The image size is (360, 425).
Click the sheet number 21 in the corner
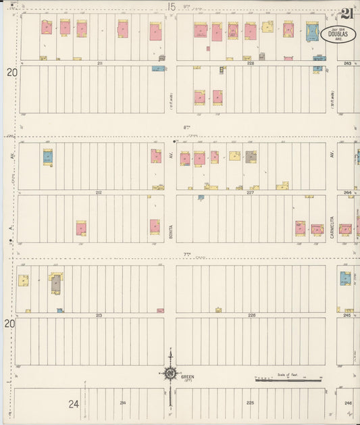point(347,14)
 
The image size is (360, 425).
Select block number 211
point(99,63)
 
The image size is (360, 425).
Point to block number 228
point(251,63)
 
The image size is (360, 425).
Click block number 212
point(99,193)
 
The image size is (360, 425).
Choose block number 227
point(251,193)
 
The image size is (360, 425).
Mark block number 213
point(99,316)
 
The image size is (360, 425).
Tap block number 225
point(251,403)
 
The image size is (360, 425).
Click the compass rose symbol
point(170,373)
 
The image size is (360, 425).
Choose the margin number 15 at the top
point(172,6)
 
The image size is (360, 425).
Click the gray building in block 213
point(55,283)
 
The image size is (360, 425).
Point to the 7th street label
point(187,255)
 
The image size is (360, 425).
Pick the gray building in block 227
point(251,157)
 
